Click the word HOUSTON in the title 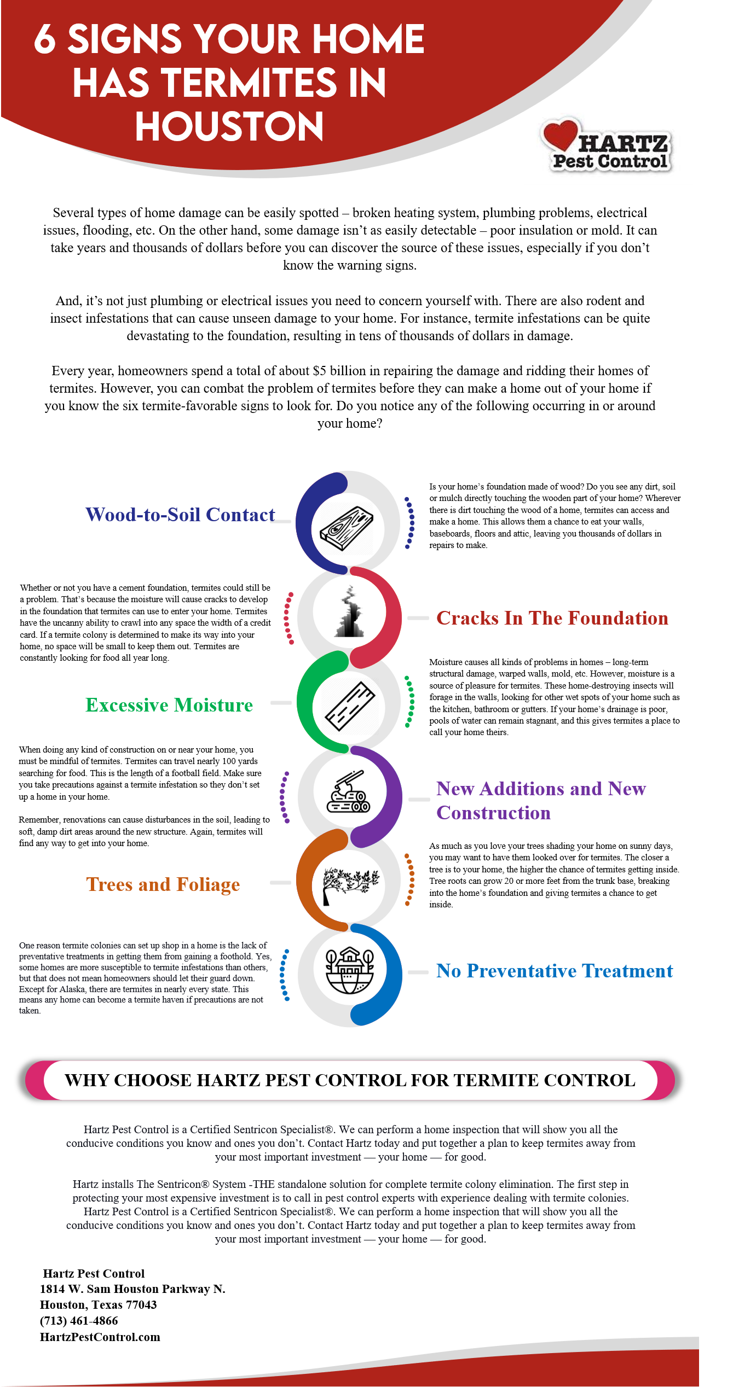pyautogui.click(x=229, y=126)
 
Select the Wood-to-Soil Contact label pyautogui.click(x=180, y=515)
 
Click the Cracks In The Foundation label pyautogui.click(x=552, y=618)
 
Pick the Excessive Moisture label pyautogui.click(x=169, y=705)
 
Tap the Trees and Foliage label pyautogui.click(x=163, y=884)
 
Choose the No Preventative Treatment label pyautogui.click(x=554, y=971)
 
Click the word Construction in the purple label pyautogui.click(x=493, y=813)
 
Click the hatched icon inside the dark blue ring pyautogui.click(x=347, y=528)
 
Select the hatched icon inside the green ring pyautogui.click(x=348, y=706)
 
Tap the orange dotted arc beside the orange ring pyautogui.click(x=410, y=879)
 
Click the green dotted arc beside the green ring pyautogui.click(x=410, y=702)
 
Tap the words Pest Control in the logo pyautogui.click(x=609, y=161)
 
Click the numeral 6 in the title pyautogui.click(x=45, y=39)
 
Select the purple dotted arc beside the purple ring pyautogui.click(x=284, y=797)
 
